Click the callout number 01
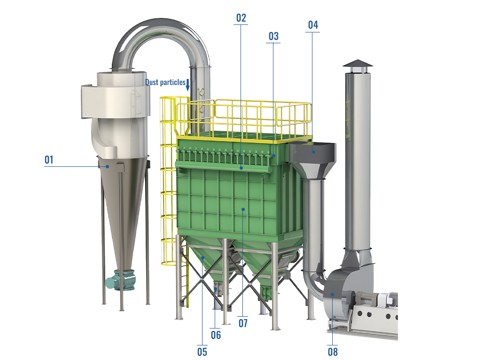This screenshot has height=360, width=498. click(49, 159)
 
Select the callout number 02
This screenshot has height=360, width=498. click(241, 18)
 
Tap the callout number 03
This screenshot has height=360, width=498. click(273, 36)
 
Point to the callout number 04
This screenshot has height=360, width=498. click(313, 25)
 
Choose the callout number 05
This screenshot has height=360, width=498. click(202, 352)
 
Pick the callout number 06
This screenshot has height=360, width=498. click(216, 335)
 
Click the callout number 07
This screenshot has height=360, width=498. click(243, 323)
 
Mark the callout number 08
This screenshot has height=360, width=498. click(333, 352)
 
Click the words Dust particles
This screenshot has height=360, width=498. click(165, 82)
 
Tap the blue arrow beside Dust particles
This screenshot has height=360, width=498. click(188, 85)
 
